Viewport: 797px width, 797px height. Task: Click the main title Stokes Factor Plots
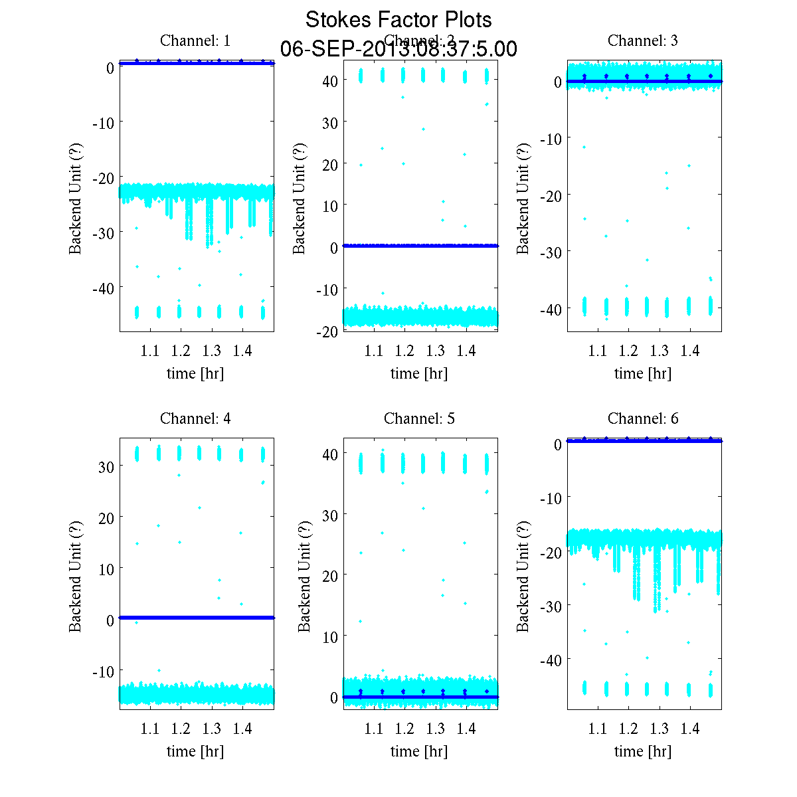398,20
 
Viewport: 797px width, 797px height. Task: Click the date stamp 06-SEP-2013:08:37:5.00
398,49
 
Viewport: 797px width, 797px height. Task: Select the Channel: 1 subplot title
195,41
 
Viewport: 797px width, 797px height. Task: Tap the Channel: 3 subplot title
643,41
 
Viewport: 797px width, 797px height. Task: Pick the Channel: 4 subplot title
195,418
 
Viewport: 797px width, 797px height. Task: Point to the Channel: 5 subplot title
419,418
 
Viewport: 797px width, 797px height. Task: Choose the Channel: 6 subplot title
643,418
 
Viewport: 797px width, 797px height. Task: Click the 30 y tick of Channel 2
330,123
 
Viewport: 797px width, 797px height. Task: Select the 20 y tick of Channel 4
106,517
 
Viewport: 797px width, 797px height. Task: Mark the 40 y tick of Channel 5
330,454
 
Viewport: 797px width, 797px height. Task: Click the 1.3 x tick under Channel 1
212,351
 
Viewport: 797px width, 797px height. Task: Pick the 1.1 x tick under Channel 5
374,729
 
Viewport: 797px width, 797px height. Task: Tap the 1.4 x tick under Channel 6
690,729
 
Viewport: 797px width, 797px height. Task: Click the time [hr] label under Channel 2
419,373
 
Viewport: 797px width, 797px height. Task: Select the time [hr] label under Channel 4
195,751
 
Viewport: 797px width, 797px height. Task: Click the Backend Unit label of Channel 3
523,198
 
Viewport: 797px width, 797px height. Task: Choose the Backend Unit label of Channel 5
304,576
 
